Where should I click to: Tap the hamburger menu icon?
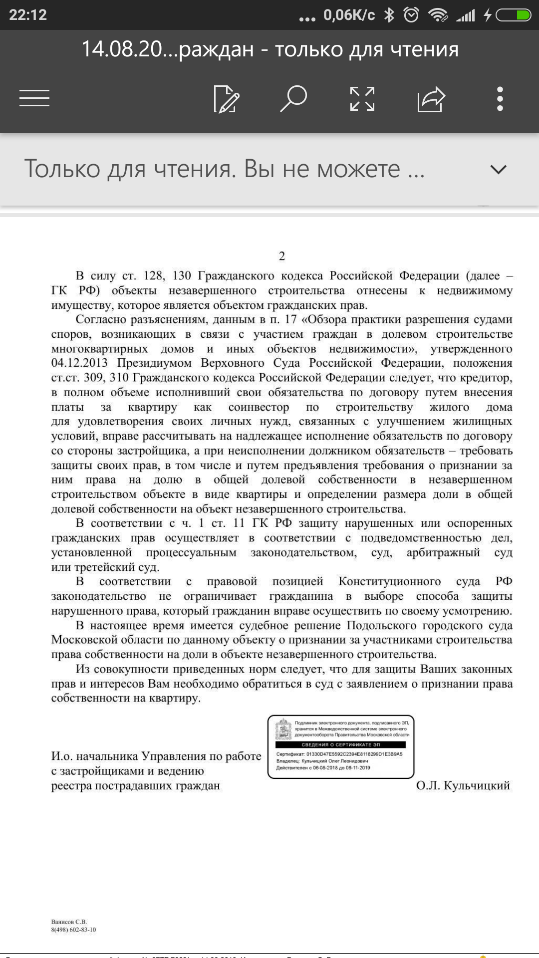pos(34,98)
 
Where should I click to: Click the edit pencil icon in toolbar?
pos(226,99)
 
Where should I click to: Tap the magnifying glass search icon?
pos(293,98)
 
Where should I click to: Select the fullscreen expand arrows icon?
pos(362,99)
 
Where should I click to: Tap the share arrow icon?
pos(431,99)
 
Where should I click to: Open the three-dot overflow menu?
pos(500,99)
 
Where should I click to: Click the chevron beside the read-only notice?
pos(498,170)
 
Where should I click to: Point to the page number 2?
pos(282,256)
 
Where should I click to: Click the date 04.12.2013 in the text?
pos(79,363)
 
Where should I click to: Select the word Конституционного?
pos(389,581)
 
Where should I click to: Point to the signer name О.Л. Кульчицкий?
pos(463,785)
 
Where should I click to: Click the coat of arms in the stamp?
pos(284,729)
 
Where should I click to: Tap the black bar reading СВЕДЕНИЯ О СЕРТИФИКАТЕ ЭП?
pos(341,744)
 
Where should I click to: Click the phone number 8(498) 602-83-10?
pos(73,930)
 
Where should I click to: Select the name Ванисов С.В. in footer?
pos(69,922)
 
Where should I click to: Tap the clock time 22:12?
pos(28,15)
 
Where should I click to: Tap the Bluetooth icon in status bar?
pos(389,15)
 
